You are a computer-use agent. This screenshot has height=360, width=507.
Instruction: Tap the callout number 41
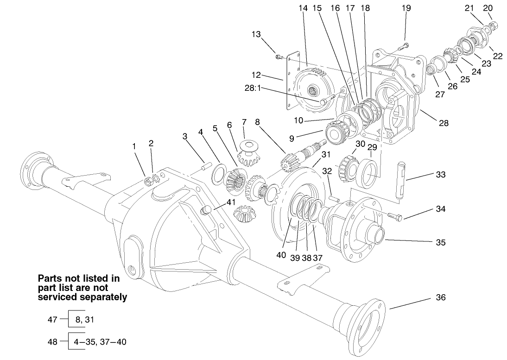pos(231,202)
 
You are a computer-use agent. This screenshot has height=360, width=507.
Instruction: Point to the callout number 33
pos(440,175)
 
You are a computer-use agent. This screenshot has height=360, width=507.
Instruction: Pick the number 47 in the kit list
pos(52,319)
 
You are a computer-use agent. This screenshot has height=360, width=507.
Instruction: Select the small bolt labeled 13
pos(278,57)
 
